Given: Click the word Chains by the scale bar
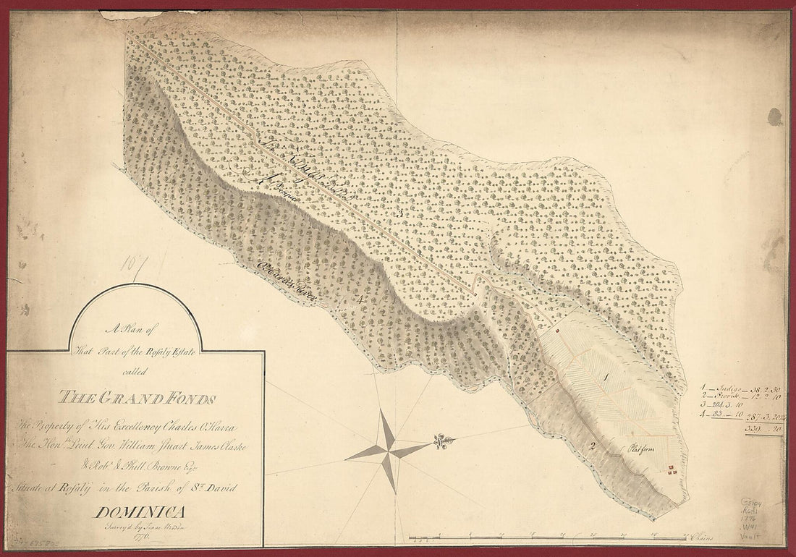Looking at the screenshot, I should (x=700, y=537).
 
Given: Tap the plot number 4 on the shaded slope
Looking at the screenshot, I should (x=357, y=298).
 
